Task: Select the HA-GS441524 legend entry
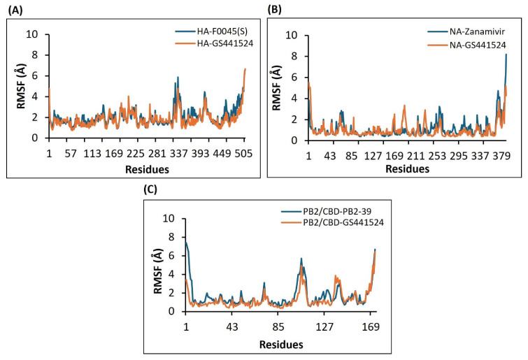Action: click(211, 44)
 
